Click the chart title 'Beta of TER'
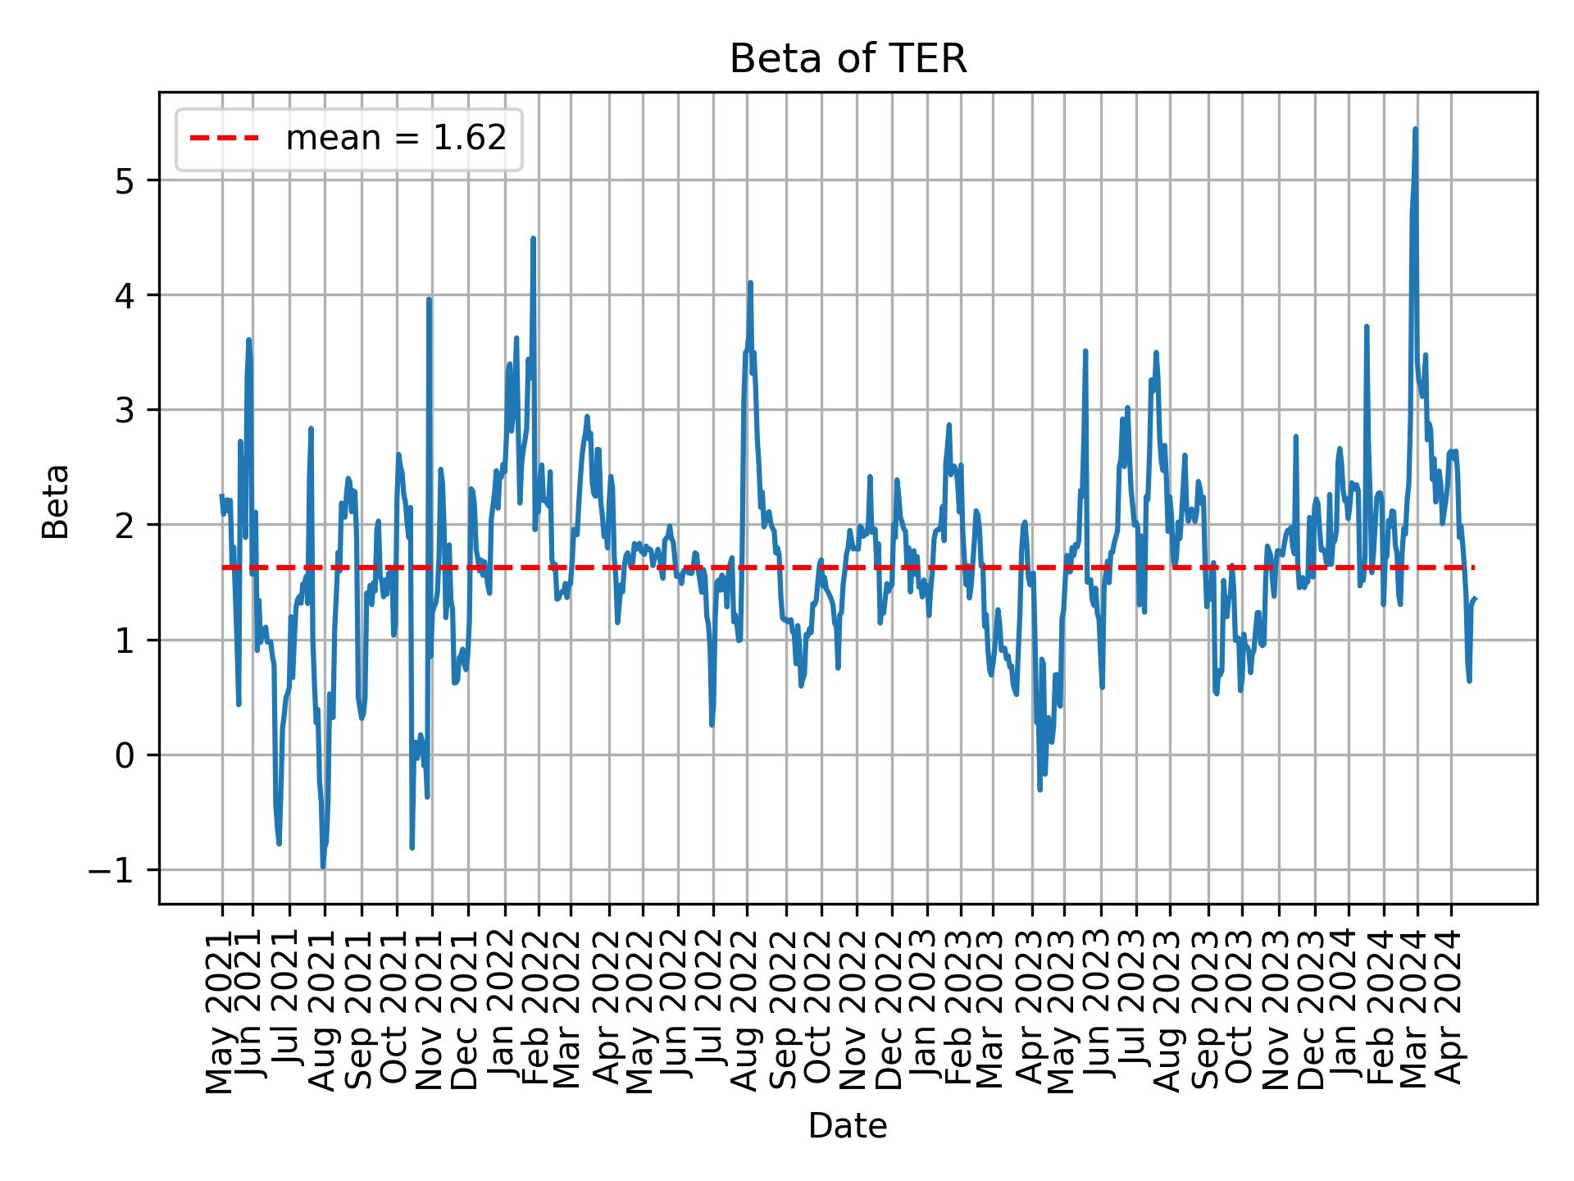[x=848, y=60]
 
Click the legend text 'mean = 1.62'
[x=395, y=139]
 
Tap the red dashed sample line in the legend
[x=224, y=139]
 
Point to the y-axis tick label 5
[x=124, y=180]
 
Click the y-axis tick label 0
[x=124, y=755]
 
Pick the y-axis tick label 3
[x=124, y=410]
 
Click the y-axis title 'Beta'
[x=56, y=501]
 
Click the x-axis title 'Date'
[x=848, y=1126]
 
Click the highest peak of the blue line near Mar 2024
[x=1415, y=130]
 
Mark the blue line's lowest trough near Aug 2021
[x=323, y=867]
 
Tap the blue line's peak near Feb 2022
[x=533, y=239]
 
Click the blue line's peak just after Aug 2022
[x=750, y=283]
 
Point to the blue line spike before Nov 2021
[x=429, y=300]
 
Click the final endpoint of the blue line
[x=1475, y=599]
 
